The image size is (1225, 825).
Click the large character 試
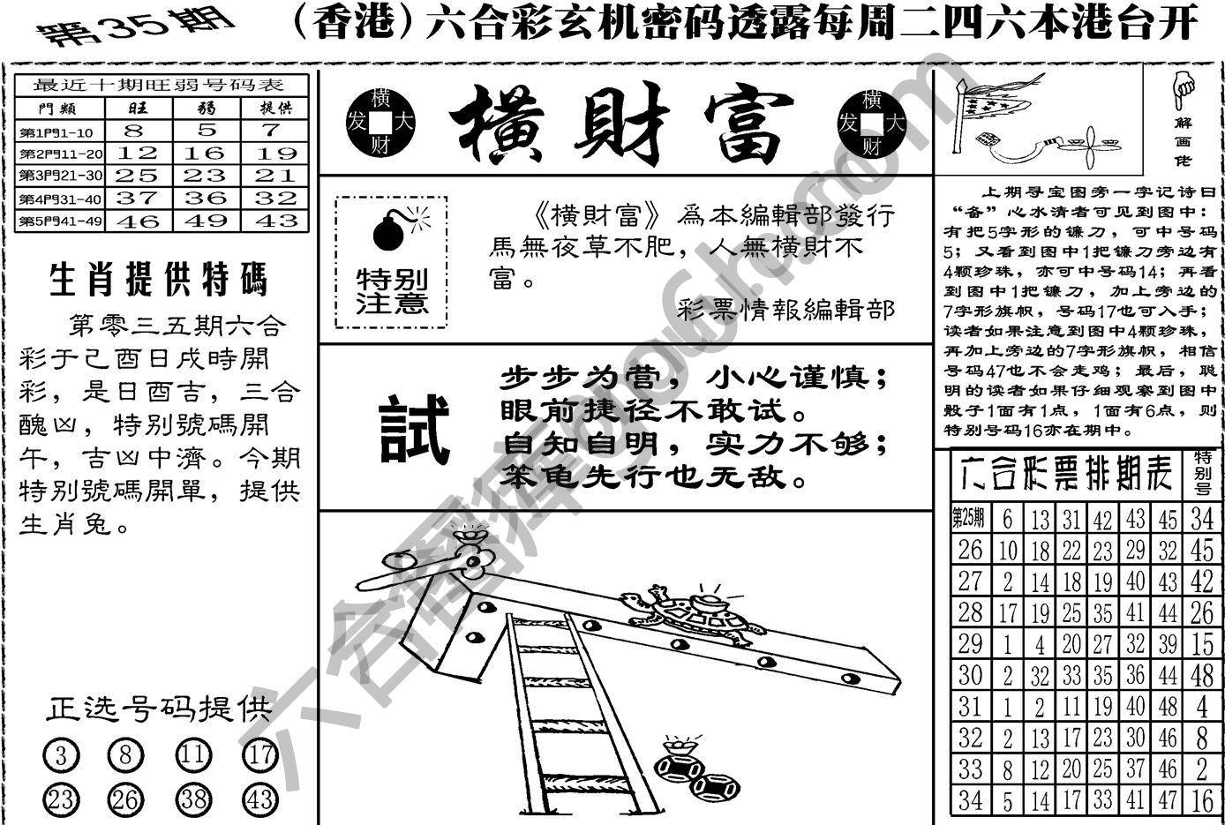pos(414,430)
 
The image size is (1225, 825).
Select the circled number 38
pos(193,799)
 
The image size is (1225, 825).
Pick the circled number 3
pos(61,756)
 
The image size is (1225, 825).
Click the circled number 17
pos(259,756)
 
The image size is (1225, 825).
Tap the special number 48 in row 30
pos(1201,675)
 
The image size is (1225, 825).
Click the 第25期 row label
pos(969,517)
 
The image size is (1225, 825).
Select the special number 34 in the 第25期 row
pos(1201,519)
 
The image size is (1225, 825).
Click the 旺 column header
pos(137,108)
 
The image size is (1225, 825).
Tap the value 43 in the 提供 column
pos(275,221)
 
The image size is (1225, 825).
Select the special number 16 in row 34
pos(1201,800)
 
